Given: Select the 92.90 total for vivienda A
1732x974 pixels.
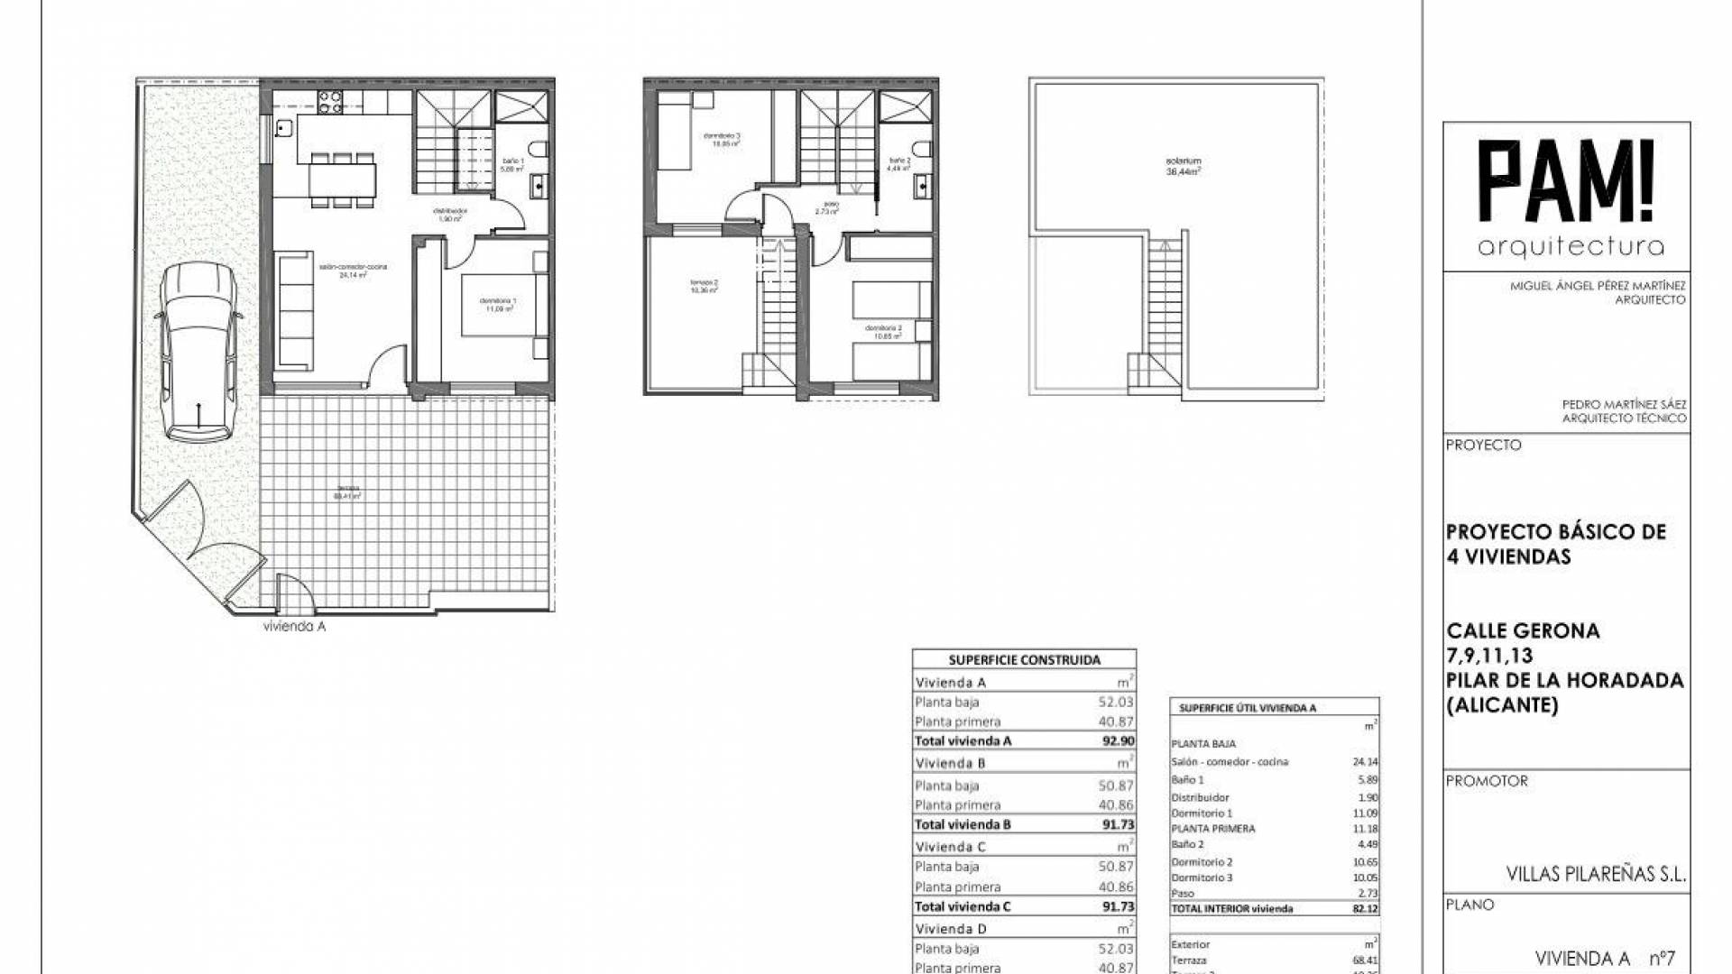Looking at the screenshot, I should [1118, 740].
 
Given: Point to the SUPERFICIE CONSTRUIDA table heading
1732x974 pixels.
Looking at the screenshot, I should [1024, 660].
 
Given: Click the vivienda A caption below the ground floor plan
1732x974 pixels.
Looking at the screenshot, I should [294, 627].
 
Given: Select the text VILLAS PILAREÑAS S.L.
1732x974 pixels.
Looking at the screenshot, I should [1596, 874].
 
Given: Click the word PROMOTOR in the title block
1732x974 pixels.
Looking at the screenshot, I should [1487, 781].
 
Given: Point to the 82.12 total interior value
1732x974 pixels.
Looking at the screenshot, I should [1366, 909].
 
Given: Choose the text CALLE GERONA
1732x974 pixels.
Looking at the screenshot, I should [1523, 631].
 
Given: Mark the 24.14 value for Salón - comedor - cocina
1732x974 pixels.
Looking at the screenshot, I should [1365, 762].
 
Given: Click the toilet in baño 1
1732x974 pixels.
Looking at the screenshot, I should [539, 149].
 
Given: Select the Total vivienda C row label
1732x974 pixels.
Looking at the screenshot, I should [963, 906].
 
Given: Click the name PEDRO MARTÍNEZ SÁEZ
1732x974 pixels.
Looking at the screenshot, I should [1624, 405].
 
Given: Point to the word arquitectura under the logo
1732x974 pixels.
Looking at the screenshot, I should [1571, 246].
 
